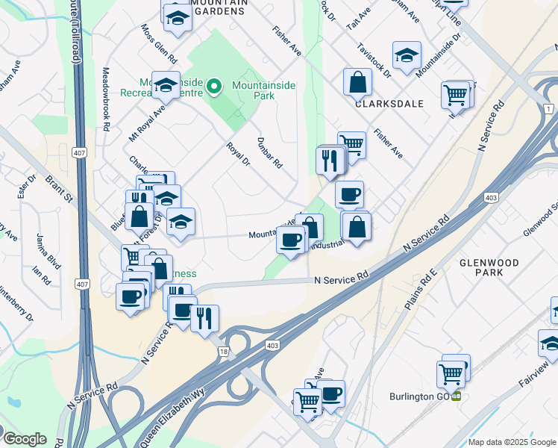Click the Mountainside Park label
coord(263,90)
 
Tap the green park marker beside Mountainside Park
coord(215,87)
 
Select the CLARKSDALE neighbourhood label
coord(389,103)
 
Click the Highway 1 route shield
coord(549,110)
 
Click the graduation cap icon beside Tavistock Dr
coord(407,55)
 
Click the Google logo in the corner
coord(25,439)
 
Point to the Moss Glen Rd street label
coord(160,43)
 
